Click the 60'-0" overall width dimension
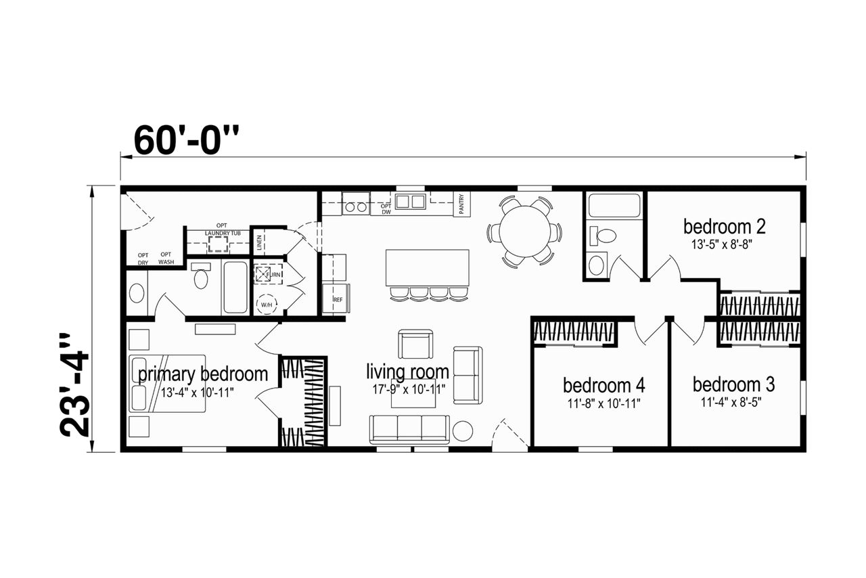pos(186,140)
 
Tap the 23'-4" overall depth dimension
pos(74,385)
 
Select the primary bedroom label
pos(203,374)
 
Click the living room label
pos(407,372)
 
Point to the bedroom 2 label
pos(724,227)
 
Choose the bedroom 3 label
pos(733,384)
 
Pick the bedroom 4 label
pos(604,385)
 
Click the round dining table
pos(524,231)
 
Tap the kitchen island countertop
pos(427,268)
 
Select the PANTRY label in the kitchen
pos(461,204)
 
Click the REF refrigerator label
pos(338,299)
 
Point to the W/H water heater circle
pos(267,305)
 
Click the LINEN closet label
pos(259,242)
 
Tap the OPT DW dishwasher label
pos(386,209)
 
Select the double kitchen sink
pos(410,202)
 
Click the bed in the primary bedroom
pos(167,383)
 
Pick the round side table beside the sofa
pos(462,430)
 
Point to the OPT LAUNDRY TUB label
pos(223,229)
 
